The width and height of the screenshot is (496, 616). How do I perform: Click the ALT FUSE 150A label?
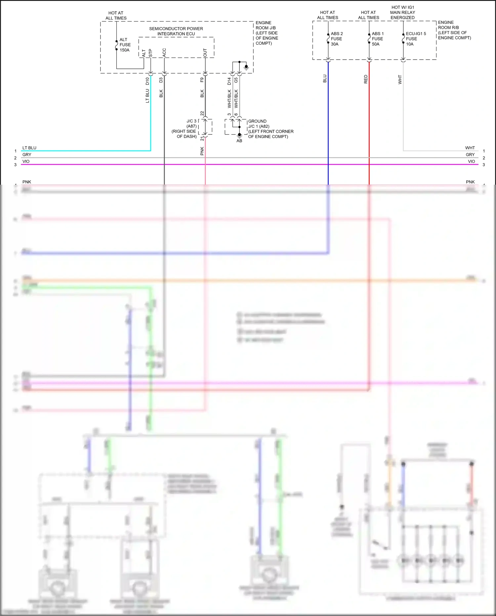[125, 45]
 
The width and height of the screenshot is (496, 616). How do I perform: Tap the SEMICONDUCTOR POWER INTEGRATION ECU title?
[176, 31]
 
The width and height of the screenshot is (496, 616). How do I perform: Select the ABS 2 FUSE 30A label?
[337, 39]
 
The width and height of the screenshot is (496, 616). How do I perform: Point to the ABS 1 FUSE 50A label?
[378, 39]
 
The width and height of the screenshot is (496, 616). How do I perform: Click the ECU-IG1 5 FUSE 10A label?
[416, 39]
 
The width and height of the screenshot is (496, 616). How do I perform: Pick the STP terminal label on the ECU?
[150, 53]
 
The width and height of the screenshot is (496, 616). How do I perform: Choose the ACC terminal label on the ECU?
[164, 52]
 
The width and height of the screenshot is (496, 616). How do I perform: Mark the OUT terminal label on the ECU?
[205, 52]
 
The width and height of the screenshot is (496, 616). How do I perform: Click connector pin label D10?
[147, 81]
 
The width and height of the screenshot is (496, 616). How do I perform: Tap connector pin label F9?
[202, 80]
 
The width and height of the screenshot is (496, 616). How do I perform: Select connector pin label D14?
[229, 81]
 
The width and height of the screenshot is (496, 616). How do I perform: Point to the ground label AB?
[239, 141]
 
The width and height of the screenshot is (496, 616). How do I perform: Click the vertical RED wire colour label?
[366, 79]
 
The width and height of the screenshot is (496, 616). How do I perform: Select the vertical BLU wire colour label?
[325, 78]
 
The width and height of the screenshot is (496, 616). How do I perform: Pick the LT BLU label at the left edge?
[29, 148]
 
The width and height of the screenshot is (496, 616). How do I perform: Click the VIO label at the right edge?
[471, 162]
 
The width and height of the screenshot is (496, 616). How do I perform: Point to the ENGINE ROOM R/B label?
[454, 30]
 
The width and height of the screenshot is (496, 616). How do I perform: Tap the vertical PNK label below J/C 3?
[202, 151]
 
